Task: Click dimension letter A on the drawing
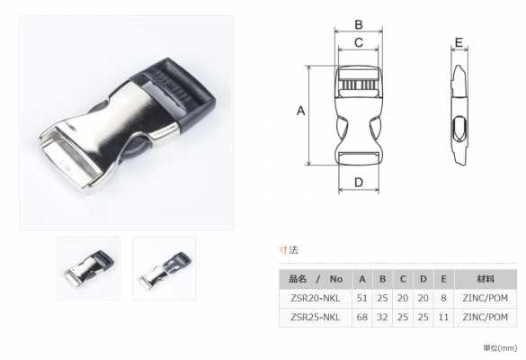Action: tap(300, 111)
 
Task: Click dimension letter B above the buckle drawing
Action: tap(359, 24)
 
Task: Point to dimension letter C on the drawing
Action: tap(359, 42)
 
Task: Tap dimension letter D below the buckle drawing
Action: tap(359, 183)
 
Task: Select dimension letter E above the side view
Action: tap(459, 42)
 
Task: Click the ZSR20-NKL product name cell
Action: tap(316, 298)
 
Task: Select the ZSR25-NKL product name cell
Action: tap(316, 317)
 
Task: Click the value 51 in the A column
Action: tap(361, 298)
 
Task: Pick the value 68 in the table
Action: tap(361, 317)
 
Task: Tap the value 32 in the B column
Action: tap(382, 317)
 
